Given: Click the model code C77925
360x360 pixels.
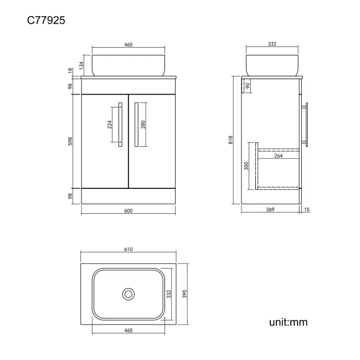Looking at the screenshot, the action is [x=46, y=20].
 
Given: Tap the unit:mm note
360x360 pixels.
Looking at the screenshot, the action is [x=288, y=322].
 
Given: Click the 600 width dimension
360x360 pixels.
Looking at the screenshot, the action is [x=128, y=211].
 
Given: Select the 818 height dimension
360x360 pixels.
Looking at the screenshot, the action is [x=230, y=140].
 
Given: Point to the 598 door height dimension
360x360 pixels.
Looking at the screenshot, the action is [x=70, y=141].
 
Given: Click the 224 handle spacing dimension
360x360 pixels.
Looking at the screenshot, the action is [x=110, y=125].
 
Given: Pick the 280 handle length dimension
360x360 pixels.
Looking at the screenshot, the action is [x=143, y=125].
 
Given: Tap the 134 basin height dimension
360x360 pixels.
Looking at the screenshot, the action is [x=81, y=65].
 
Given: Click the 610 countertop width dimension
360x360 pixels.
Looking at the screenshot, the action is [x=128, y=249].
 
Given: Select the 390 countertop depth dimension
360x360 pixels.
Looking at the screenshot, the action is [x=184, y=294].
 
